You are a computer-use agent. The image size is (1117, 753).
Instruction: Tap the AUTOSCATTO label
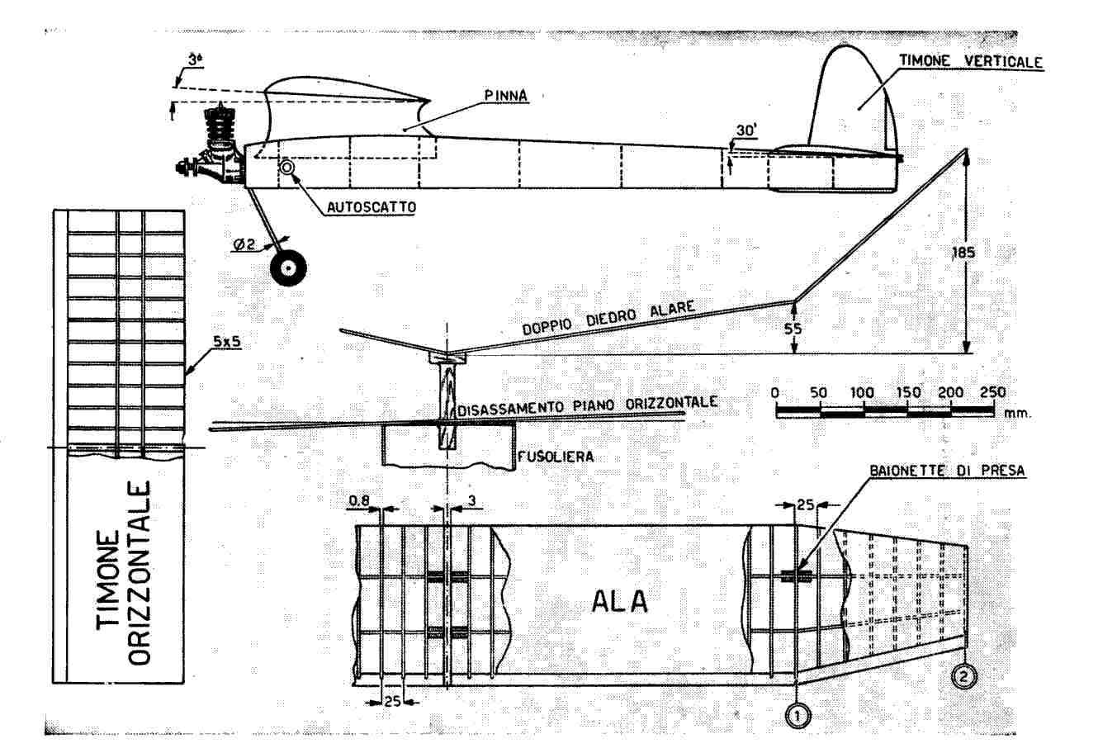[x=371, y=207]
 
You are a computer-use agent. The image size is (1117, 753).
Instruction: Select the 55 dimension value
[x=792, y=328]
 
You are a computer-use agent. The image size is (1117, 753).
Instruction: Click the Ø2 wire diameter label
[x=246, y=244]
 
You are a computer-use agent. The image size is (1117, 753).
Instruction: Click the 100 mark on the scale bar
[x=863, y=393]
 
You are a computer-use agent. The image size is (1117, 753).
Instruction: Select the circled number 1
[x=798, y=717]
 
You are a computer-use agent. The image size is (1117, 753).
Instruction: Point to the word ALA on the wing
[x=619, y=602]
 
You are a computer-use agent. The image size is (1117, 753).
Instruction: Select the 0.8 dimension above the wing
[x=360, y=500]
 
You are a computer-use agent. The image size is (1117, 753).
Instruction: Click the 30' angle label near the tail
[x=747, y=130]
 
